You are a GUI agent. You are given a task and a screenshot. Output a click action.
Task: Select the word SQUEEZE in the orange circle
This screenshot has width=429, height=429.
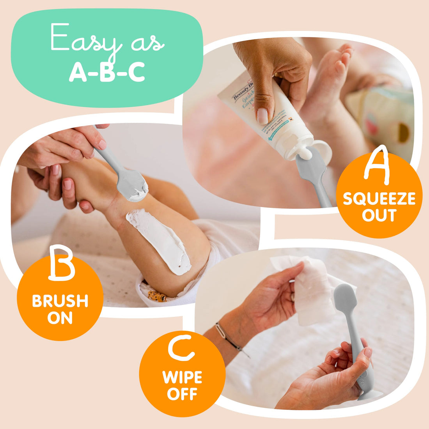(x=379, y=199)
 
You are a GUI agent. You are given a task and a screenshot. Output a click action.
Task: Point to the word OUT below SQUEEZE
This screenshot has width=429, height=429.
(x=379, y=215)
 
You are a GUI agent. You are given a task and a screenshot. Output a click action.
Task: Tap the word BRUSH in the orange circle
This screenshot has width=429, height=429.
(x=60, y=301)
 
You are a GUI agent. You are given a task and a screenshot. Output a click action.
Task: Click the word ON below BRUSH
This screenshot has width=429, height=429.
(x=60, y=318)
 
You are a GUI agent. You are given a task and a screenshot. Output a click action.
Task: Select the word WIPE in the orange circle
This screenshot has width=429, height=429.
(x=182, y=378)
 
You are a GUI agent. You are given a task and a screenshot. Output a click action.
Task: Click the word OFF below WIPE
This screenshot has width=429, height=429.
(x=182, y=394)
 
